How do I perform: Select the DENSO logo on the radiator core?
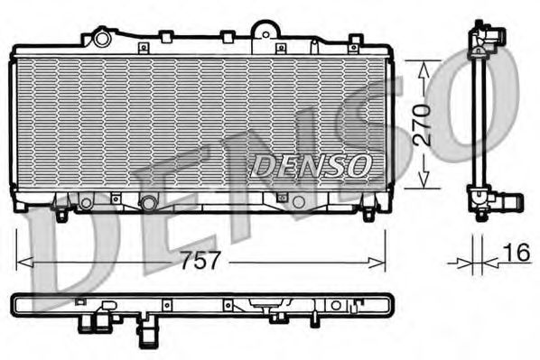(310, 165)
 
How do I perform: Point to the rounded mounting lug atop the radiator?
(263, 29)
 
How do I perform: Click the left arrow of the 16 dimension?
(466, 263)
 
